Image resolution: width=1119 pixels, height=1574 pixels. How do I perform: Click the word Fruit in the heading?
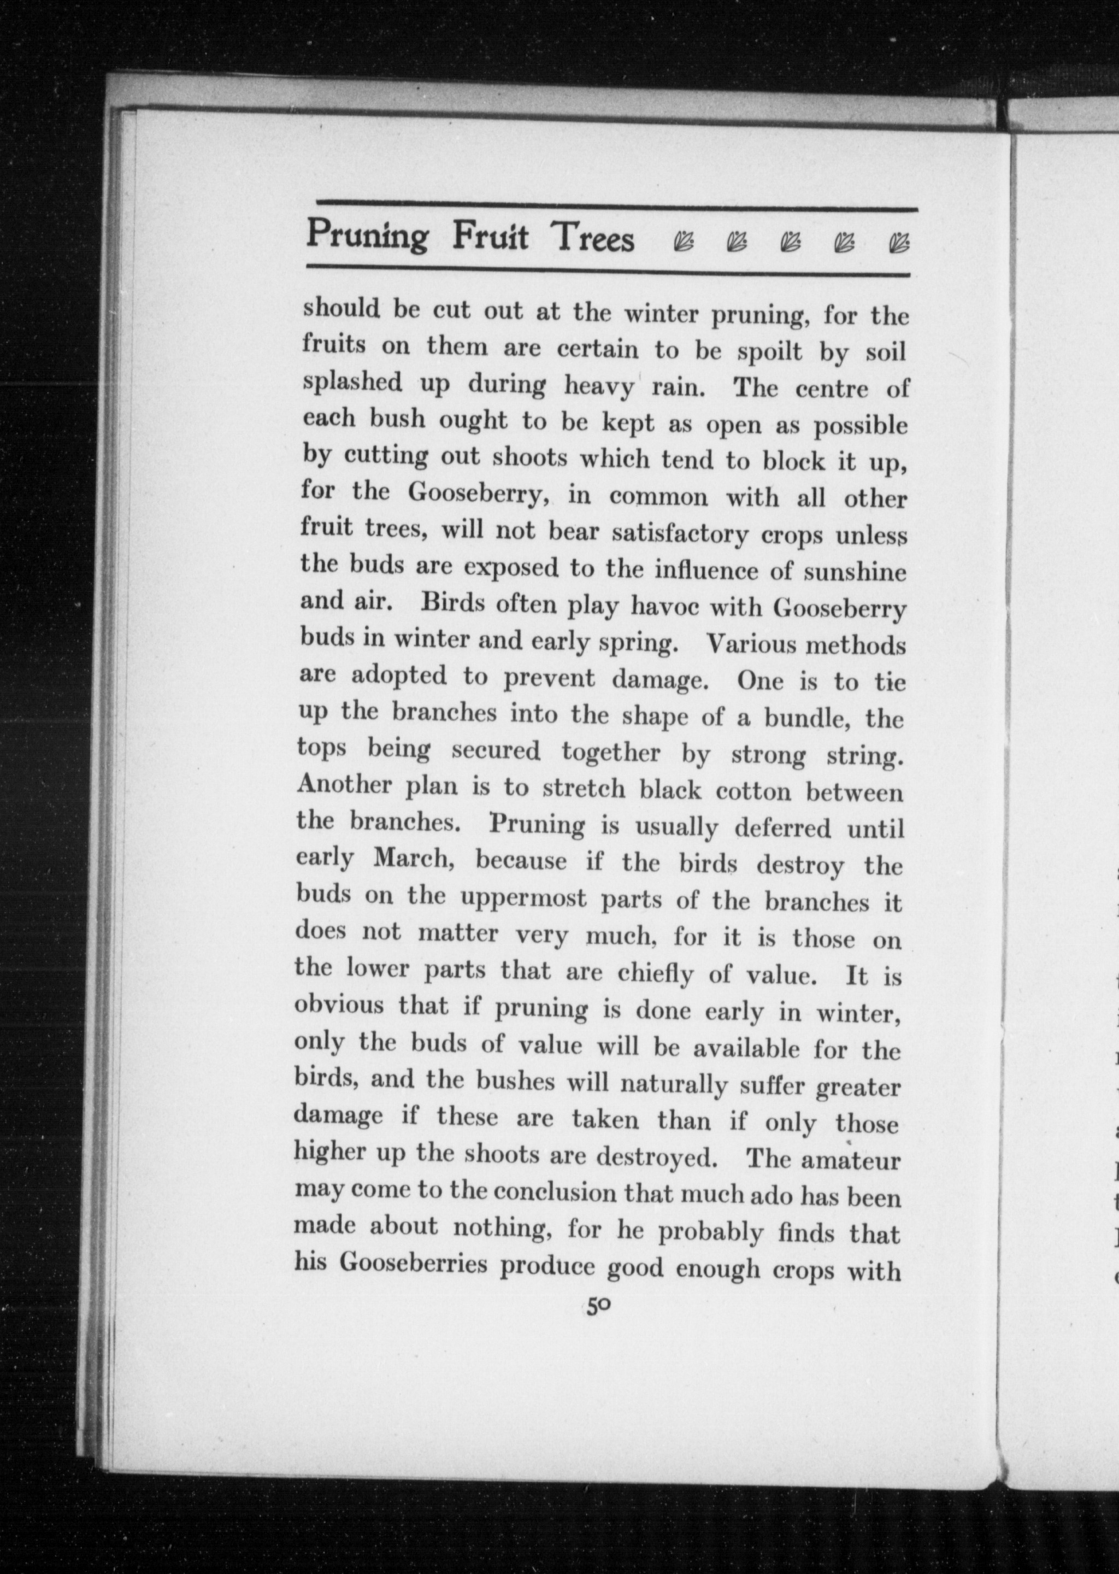pos(490,237)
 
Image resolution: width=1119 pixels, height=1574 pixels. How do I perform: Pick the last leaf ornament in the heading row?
pos(899,243)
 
